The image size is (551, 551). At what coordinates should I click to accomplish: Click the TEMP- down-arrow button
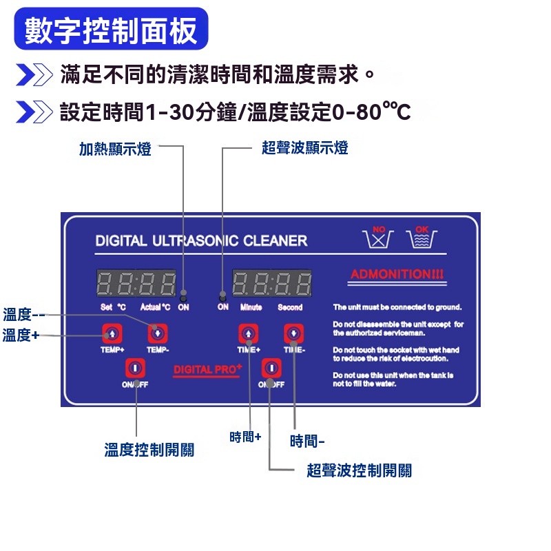point(158,334)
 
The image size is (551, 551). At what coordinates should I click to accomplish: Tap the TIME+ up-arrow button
point(248,334)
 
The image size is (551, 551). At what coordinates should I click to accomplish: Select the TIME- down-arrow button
point(294,334)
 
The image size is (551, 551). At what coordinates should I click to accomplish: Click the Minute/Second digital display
point(272,283)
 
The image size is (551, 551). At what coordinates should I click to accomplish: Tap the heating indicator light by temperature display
point(183,295)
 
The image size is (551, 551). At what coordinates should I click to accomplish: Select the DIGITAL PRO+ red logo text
point(207,370)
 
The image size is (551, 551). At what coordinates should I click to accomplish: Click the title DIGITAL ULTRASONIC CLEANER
point(201,241)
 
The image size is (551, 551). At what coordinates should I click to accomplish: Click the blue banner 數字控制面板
point(111,30)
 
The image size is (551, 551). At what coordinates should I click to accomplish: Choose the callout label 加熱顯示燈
point(115,148)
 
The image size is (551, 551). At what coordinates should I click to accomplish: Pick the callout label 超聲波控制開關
point(359,470)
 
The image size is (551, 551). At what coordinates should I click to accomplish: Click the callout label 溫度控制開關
point(149,450)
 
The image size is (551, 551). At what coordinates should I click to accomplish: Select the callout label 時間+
point(245,437)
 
